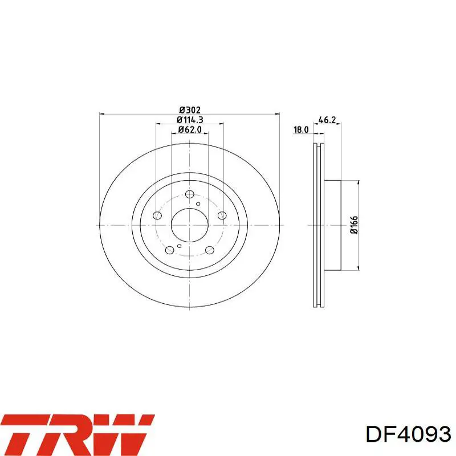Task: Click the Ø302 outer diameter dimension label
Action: click(x=190, y=110)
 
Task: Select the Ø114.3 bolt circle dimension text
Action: click(x=190, y=120)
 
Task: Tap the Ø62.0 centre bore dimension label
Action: click(x=190, y=129)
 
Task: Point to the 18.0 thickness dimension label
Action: click(x=301, y=130)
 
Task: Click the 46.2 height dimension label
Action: click(x=327, y=120)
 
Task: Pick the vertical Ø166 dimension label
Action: click(x=354, y=225)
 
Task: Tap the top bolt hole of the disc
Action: click(x=190, y=194)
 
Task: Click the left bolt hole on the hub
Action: click(x=157, y=215)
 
